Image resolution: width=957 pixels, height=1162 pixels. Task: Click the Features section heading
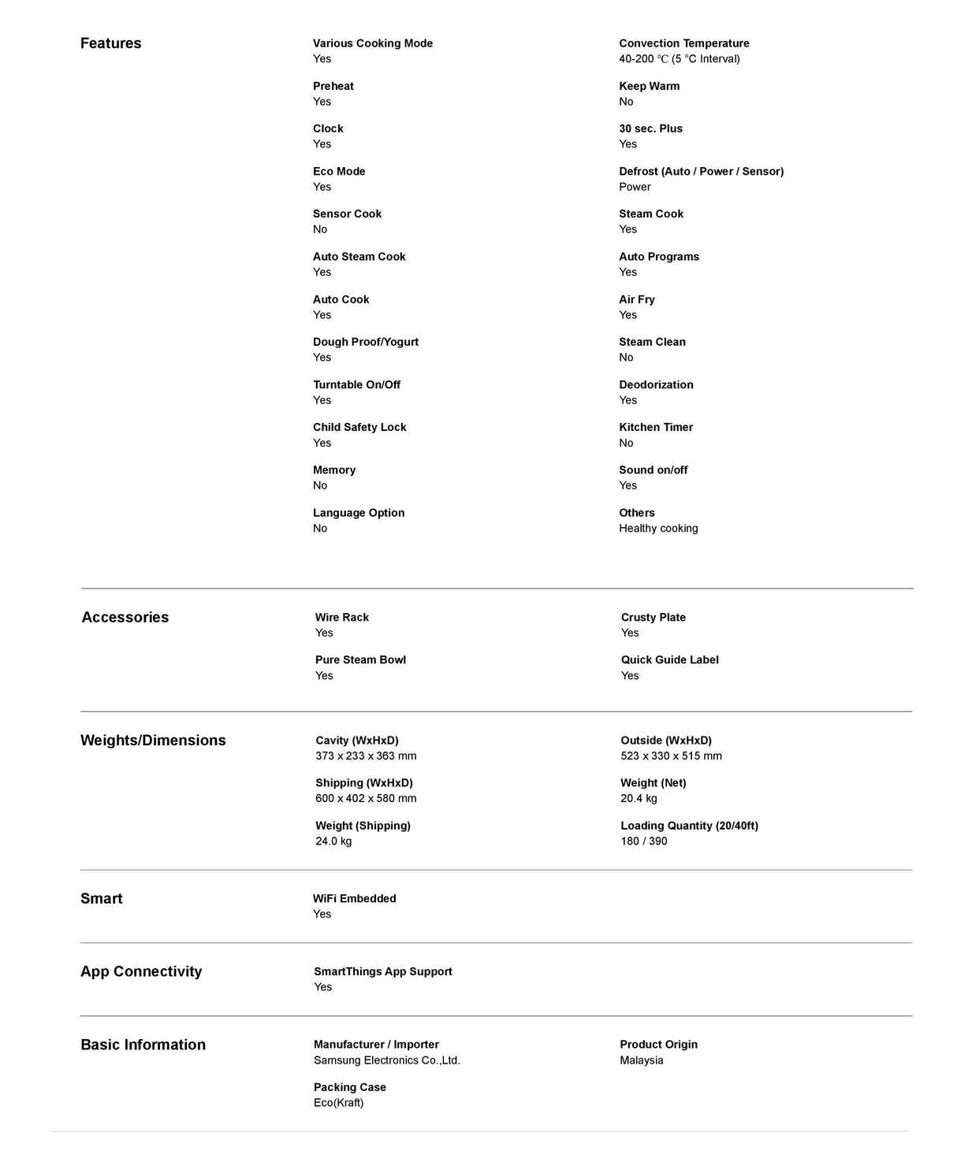110,43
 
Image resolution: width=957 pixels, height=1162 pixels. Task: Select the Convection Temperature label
683,43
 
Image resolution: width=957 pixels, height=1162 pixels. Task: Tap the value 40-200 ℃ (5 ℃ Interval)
679,59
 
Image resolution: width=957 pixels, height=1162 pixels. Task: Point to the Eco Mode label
339,171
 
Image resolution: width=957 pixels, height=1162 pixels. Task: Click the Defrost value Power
635,187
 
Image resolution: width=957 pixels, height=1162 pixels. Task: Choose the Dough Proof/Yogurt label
366,342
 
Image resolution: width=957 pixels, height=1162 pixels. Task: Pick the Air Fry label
637,299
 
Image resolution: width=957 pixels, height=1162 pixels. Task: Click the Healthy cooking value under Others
658,529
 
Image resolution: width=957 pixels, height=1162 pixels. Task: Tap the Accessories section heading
125,617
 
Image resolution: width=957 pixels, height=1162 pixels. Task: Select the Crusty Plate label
653,618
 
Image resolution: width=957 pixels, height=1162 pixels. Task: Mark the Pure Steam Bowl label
360,660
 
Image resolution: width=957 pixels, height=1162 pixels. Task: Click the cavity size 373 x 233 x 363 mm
366,756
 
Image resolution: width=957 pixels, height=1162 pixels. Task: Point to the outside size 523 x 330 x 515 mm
671,756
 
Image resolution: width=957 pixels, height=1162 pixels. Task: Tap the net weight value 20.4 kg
639,799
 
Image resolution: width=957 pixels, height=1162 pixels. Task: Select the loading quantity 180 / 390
643,841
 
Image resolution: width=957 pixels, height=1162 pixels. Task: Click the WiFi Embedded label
354,899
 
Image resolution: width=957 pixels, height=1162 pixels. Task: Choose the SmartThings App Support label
383,971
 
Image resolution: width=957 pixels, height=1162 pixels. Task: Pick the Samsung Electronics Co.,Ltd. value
387,1060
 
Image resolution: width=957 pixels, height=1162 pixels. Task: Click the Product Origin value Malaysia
642,1060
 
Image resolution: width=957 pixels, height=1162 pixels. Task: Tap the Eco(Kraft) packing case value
339,1103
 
